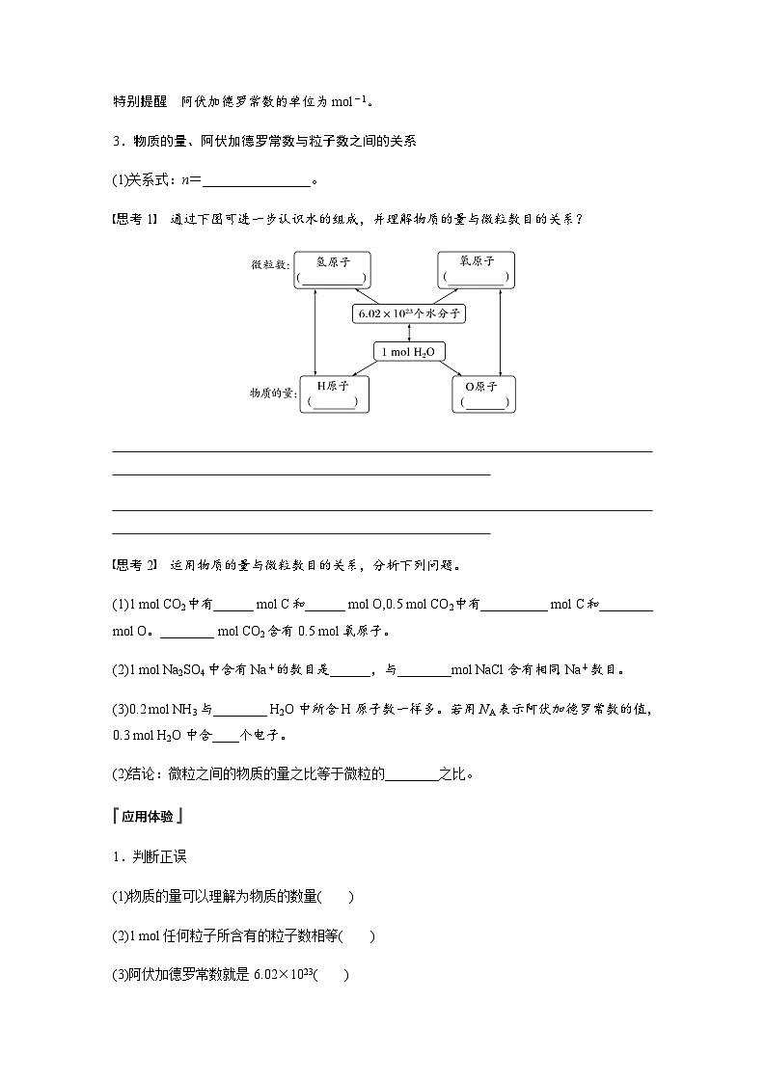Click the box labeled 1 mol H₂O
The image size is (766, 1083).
click(410, 352)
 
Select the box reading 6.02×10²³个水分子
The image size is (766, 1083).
click(411, 313)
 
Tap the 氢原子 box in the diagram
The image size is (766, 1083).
click(332, 269)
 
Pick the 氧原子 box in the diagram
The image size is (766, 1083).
click(476, 269)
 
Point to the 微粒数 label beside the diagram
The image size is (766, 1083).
click(269, 263)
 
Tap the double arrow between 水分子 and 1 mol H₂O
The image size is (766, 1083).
click(409, 333)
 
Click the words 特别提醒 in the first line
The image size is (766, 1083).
click(140, 100)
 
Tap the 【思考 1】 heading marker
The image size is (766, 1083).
click(135, 219)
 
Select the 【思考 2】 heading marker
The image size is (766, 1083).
click(135, 564)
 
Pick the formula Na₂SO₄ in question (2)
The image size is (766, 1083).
click(178, 669)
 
